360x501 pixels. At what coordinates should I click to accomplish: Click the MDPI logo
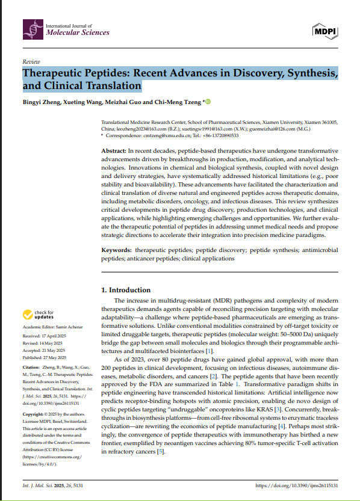[325, 31]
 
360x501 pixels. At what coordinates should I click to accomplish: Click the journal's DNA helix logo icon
[33, 29]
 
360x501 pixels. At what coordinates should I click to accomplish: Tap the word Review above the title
[31, 62]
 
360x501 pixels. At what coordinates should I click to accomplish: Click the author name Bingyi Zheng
[42, 102]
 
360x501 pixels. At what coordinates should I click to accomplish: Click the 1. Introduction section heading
[126, 290]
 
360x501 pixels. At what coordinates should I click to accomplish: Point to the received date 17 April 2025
[56, 336]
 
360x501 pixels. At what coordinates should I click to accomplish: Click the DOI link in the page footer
[296, 485]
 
